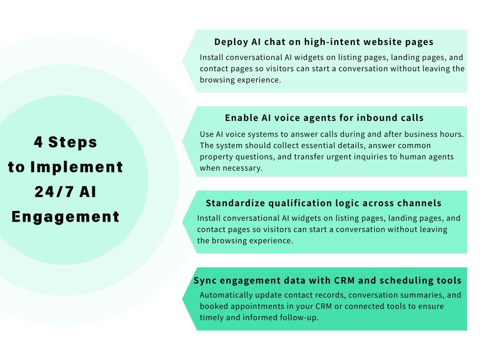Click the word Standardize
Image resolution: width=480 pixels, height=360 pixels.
pos(234,203)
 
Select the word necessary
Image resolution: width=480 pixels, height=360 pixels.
pos(242,168)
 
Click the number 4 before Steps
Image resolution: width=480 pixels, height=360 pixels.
pos(38,142)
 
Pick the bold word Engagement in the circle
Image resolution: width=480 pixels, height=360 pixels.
pos(66,217)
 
